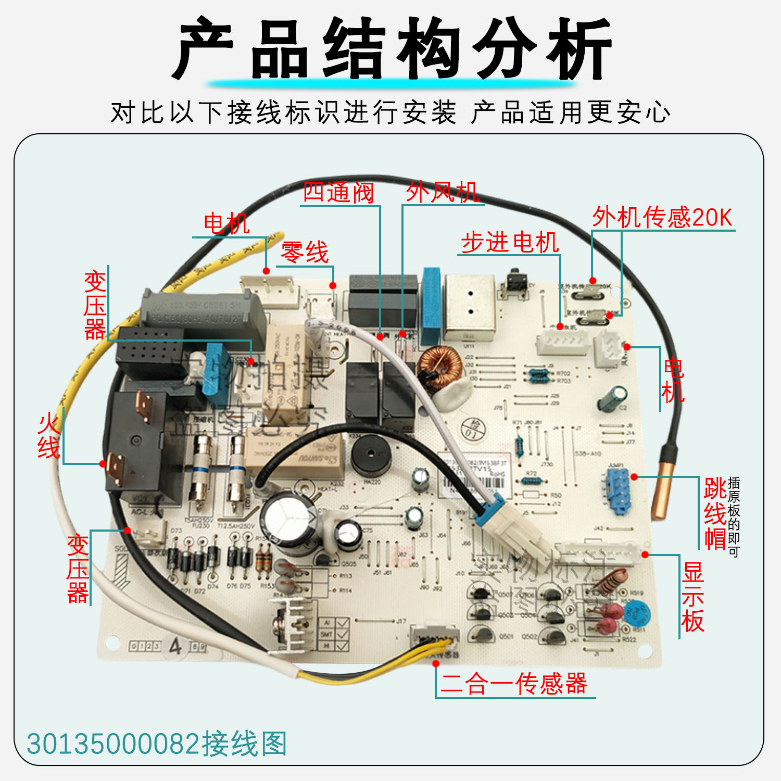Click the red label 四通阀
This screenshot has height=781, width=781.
[338, 193]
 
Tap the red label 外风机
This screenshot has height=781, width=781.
[442, 192]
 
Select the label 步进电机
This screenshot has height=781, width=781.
[510, 243]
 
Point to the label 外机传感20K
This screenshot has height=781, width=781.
[662, 217]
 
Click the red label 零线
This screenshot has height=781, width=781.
[305, 253]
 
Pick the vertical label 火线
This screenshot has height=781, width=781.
[48, 436]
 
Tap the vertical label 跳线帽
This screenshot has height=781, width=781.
[715, 513]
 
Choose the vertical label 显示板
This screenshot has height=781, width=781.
[693, 597]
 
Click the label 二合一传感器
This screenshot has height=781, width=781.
[514, 684]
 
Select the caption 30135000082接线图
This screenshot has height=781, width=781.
[157, 744]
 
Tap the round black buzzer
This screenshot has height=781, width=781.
[371, 455]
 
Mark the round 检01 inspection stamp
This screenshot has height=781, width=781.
[473, 430]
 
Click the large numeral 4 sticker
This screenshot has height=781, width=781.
[175, 646]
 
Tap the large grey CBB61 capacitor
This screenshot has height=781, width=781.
[203, 312]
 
